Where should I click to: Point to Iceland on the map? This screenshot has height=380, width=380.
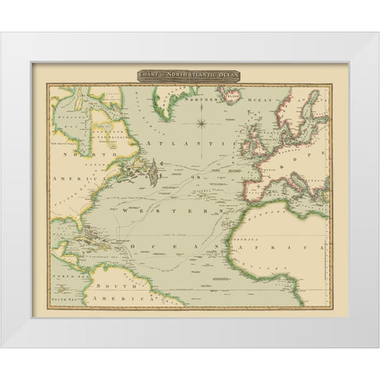[x=227, y=99]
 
